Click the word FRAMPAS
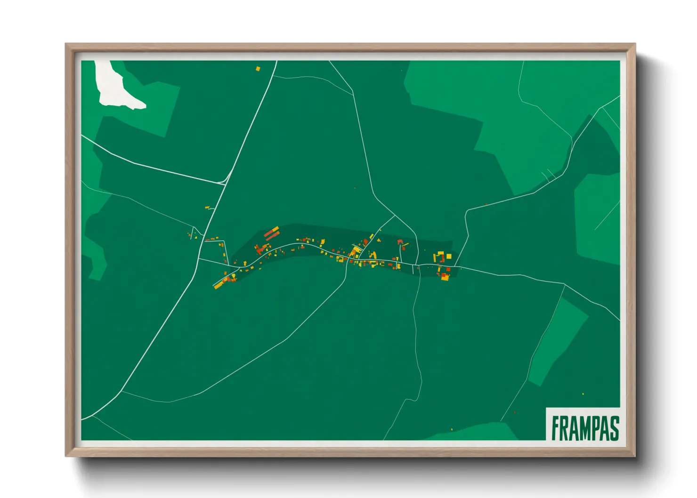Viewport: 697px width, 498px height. pos(585,428)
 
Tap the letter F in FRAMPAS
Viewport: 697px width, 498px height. pos(556,428)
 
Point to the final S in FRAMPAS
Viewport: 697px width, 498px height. pos(614,428)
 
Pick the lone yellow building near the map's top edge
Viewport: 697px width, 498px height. pos(258,69)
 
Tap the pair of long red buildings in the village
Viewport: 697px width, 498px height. pos(271,233)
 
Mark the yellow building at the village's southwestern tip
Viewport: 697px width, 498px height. pos(218,285)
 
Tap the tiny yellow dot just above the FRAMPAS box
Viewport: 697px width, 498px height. pos(583,394)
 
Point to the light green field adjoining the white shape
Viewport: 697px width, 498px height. pos(155,108)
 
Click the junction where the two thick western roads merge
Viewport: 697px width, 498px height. pos(225,182)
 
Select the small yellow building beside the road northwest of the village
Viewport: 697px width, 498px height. pos(207,207)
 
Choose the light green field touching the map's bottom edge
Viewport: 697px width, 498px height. pos(476,432)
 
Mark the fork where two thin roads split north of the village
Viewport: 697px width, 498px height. pos(394,216)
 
